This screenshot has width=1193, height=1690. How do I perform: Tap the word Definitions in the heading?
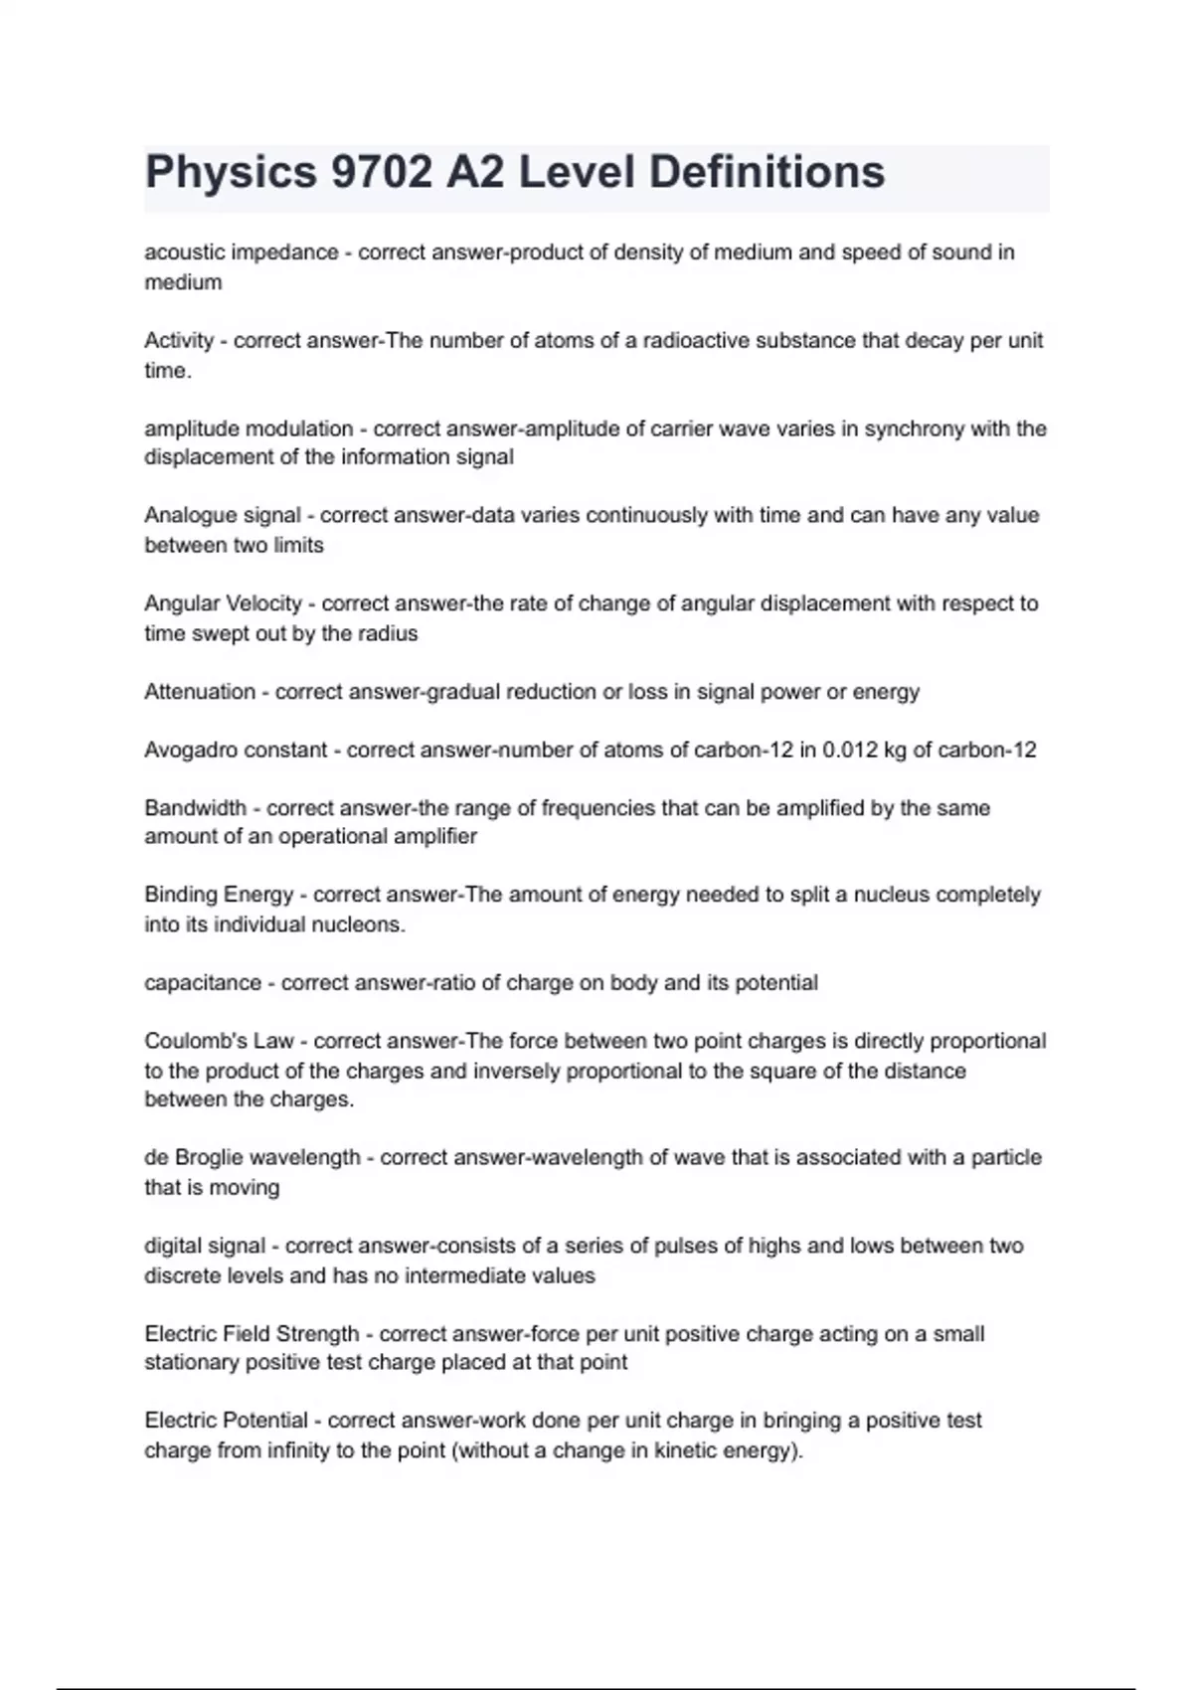coord(767,172)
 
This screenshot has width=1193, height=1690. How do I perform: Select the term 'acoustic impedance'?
coord(242,253)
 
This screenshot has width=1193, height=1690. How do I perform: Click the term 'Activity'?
coord(179,341)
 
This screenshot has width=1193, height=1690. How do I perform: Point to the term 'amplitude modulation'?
coord(249,428)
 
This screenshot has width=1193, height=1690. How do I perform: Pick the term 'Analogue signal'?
coord(223,515)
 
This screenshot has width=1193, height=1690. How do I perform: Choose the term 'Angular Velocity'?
coord(223,603)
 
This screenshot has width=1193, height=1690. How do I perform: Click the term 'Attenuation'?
coord(200,691)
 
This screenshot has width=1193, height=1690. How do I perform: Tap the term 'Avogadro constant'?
coord(236,750)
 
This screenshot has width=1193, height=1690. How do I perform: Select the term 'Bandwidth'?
coord(195,807)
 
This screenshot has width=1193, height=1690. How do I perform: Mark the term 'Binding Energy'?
coord(219,895)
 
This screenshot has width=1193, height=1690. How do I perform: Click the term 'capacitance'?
coord(203,982)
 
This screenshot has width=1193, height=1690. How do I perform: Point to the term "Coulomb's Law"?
coord(219,1041)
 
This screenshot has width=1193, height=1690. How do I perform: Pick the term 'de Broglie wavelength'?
coord(253,1157)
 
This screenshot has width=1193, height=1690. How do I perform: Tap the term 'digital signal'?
coord(205,1246)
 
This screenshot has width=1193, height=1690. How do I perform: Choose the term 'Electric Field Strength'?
coord(252,1333)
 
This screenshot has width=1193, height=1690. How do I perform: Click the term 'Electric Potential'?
coord(226,1421)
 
